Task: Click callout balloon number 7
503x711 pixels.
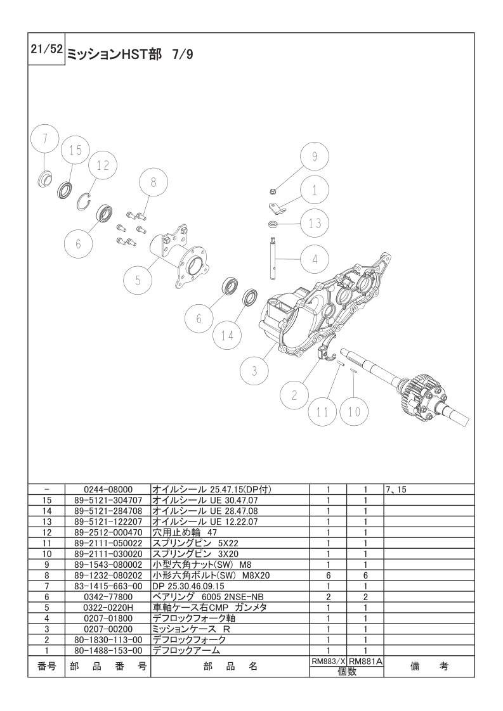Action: point(46,139)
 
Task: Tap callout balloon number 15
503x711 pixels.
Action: point(75,151)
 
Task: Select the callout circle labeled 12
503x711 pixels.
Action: point(103,165)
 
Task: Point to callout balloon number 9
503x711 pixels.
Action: point(315,157)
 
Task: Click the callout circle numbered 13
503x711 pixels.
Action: point(315,223)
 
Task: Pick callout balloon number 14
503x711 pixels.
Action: point(228,336)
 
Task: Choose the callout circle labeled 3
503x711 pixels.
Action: point(254,371)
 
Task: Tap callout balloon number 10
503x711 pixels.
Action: point(354,411)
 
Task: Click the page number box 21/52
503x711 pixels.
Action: point(46,49)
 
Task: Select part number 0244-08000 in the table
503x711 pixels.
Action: point(108,490)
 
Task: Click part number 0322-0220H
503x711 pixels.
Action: point(108,608)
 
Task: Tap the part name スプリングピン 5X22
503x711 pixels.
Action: point(195,543)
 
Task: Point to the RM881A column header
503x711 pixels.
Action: point(365,662)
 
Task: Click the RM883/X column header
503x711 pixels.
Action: point(328,662)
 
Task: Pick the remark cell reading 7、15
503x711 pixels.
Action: point(396,490)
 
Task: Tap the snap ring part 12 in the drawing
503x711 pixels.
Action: point(84,201)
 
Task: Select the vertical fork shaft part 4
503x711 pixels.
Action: point(273,258)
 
